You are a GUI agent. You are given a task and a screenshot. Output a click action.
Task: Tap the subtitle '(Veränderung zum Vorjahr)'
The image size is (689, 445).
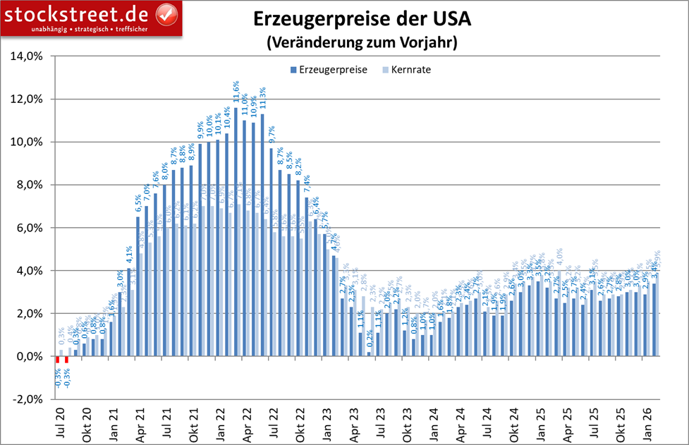click(x=362, y=42)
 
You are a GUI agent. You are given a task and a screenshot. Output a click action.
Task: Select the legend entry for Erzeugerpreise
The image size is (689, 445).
click(x=328, y=70)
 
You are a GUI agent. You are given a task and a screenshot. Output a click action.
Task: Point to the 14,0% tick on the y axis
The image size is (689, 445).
click(x=28, y=56)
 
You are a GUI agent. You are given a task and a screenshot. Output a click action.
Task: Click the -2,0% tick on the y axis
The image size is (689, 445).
click(x=28, y=400)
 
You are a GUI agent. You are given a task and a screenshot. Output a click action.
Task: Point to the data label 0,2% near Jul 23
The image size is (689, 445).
click(x=369, y=339)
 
